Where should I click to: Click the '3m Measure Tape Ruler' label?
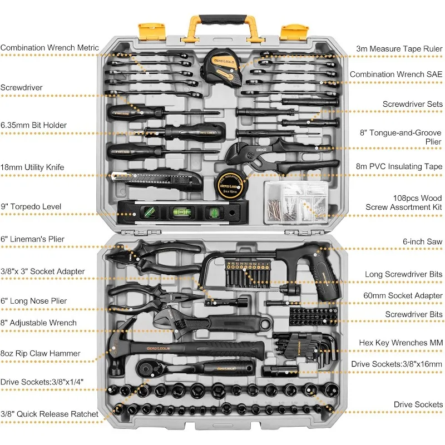point(399,48)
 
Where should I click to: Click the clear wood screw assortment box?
point(295,202)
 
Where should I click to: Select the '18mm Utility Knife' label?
point(32,167)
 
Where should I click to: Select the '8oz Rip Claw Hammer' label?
point(40,353)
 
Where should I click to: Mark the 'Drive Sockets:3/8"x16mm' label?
point(397,364)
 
